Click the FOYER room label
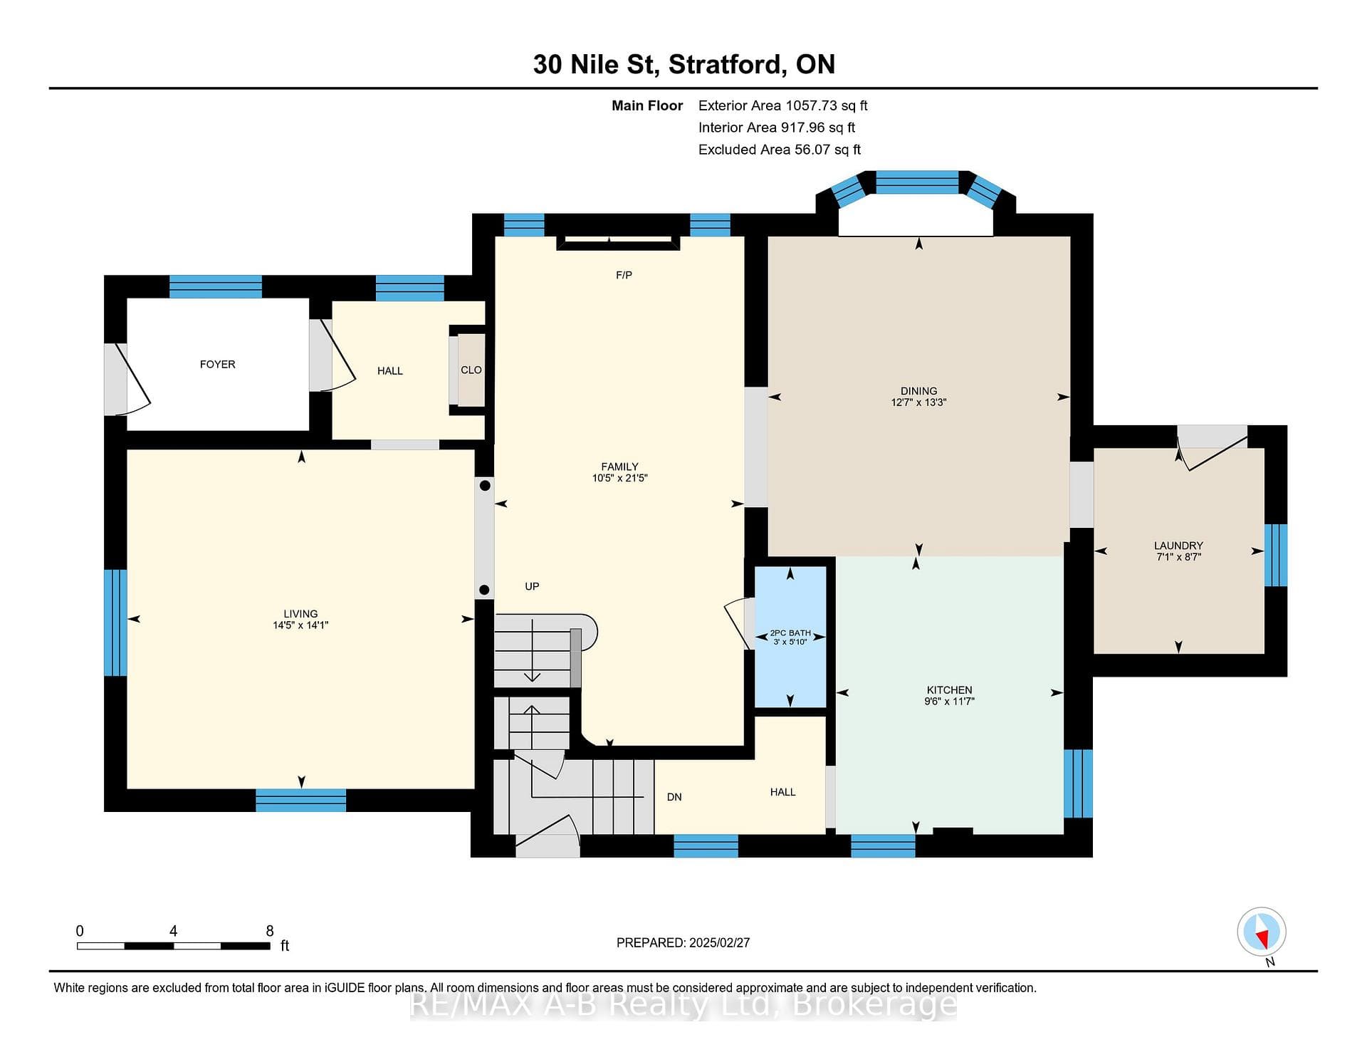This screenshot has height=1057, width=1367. [217, 364]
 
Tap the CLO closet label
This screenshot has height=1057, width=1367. [471, 370]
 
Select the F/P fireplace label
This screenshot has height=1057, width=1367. [624, 275]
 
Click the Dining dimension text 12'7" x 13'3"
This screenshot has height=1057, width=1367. [918, 402]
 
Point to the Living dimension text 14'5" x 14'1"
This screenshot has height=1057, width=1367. [300, 625]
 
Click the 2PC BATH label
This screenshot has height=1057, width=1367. [790, 632]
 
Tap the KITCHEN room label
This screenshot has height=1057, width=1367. [949, 689]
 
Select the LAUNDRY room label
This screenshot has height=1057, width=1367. [1178, 546]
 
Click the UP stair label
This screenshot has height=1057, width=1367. [532, 586]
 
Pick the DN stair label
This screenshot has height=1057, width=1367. [674, 797]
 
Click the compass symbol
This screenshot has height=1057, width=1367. [1262, 932]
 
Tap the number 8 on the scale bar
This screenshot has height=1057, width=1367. [270, 931]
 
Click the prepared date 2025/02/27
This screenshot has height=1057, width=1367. [719, 942]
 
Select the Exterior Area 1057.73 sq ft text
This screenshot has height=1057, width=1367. [782, 105]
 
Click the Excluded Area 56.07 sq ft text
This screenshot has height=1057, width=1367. [780, 150]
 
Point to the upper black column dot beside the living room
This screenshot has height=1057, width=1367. [485, 486]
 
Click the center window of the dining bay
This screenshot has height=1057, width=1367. [917, 182]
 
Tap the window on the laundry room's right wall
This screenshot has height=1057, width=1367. [1275, 555]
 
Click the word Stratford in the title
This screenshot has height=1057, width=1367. [727, 64]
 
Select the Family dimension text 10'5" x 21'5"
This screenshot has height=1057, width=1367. [619, 478]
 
